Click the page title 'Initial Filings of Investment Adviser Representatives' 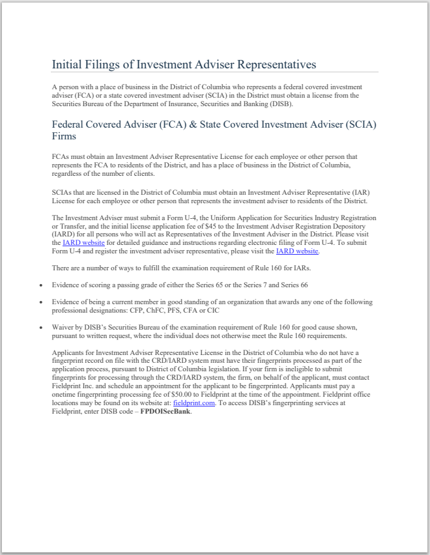pos(184,64)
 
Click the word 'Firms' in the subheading pos(64,136)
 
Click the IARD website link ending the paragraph pos(297,251)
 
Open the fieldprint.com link pos(194,403)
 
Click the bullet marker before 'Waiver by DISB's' pos(41,328)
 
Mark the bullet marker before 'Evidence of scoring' pos(41,285)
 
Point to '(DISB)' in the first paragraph pos(280,104)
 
